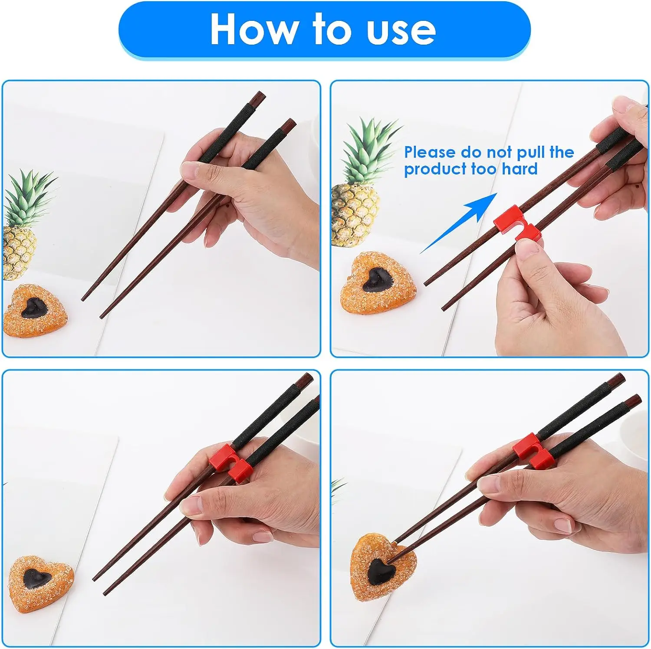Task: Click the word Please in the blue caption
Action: click(429, 153)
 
